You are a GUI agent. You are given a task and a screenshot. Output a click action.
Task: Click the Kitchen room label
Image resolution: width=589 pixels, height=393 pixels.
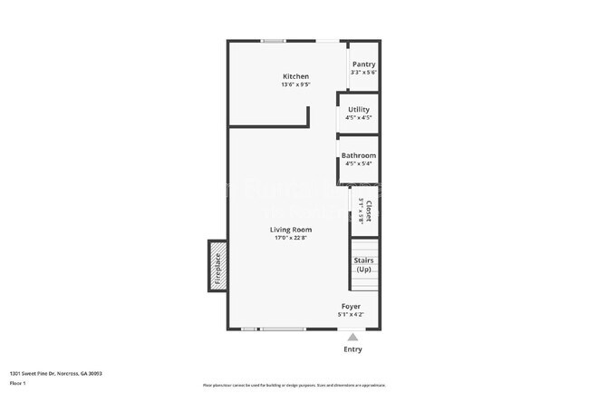tap(295, 76)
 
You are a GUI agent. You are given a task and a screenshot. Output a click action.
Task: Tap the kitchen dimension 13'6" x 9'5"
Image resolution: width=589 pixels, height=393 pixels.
tap(295, 85)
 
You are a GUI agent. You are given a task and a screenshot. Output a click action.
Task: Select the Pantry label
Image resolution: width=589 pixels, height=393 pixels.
tap(363, 64)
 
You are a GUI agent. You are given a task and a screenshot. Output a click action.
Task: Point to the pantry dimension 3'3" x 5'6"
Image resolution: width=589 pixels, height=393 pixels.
tap(363, 73)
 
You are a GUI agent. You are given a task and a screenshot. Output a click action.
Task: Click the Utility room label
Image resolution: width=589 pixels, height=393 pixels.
tap(359, 109)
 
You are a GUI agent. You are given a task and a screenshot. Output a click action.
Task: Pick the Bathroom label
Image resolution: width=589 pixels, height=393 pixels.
tap(359, 155)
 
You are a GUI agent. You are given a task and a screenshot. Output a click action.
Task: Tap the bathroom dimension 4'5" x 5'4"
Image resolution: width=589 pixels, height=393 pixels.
tap(359, 164)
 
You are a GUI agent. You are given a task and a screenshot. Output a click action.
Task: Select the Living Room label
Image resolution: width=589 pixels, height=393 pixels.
tap(290, 230)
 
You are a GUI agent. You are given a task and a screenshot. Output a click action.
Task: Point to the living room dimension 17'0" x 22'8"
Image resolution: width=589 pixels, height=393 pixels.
tap(290, 239)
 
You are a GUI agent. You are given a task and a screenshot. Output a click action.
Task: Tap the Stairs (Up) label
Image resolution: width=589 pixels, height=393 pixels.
tap(363, 265)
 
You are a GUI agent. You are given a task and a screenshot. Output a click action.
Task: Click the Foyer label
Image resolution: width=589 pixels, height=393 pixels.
tap(352, 307)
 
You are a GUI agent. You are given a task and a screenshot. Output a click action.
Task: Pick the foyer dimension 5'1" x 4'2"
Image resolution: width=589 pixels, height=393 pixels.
tap(352, 315)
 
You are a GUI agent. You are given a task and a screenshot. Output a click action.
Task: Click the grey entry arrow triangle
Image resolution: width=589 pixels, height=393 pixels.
tap(352, 336)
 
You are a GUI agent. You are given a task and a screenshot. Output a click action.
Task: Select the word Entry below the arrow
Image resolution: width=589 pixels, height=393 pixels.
tap(352, 349)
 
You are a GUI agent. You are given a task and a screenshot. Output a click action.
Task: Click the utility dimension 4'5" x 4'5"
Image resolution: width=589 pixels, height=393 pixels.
tap(359, 118)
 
